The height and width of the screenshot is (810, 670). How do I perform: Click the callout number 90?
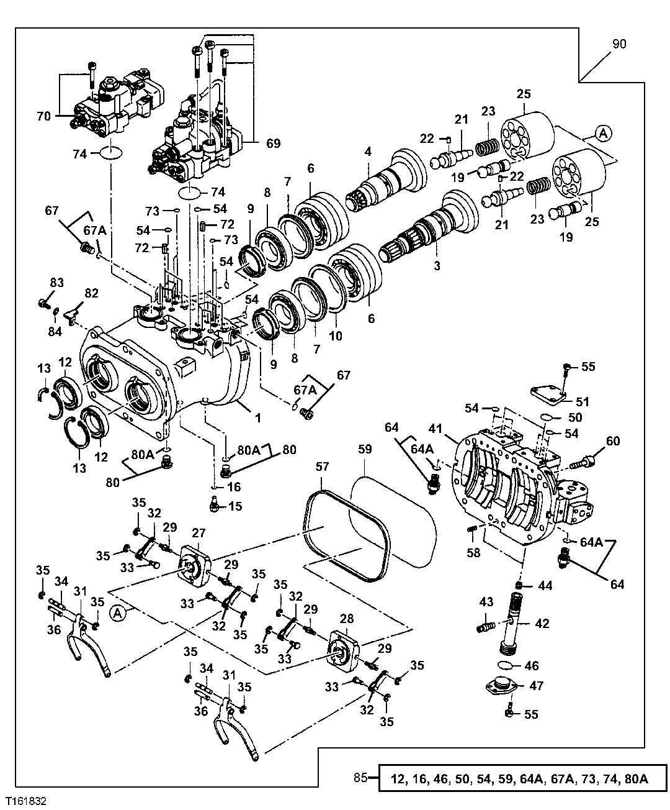click(x=619, y=44)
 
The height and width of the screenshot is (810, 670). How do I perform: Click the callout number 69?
click(x=274, y=143)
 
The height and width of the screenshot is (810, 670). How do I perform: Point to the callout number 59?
click(x=365, y=449)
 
